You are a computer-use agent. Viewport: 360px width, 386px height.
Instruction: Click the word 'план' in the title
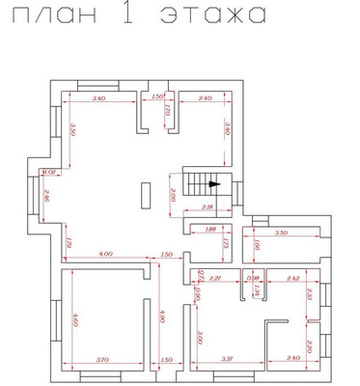click(61, 16)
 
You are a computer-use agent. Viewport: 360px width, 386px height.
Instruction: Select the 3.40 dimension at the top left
click(97, 99)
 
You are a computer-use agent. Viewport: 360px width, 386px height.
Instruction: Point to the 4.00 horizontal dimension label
click(104, 254)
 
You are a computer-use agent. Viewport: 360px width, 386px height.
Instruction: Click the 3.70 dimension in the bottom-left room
click(104, 359)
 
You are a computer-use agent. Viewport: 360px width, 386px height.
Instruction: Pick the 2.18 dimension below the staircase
click(207, 207)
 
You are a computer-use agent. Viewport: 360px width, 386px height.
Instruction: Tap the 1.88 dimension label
click(210, 230)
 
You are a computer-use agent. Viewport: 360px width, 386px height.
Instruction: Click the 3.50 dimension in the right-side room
click(282, 234)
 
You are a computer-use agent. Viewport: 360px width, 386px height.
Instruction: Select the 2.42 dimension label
click(294, 278)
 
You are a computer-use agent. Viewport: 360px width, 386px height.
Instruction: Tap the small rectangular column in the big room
click(145, 194)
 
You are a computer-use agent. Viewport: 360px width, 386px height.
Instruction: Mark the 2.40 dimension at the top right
click(204, 99)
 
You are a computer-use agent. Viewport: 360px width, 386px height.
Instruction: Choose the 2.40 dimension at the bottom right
click(295, 359)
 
